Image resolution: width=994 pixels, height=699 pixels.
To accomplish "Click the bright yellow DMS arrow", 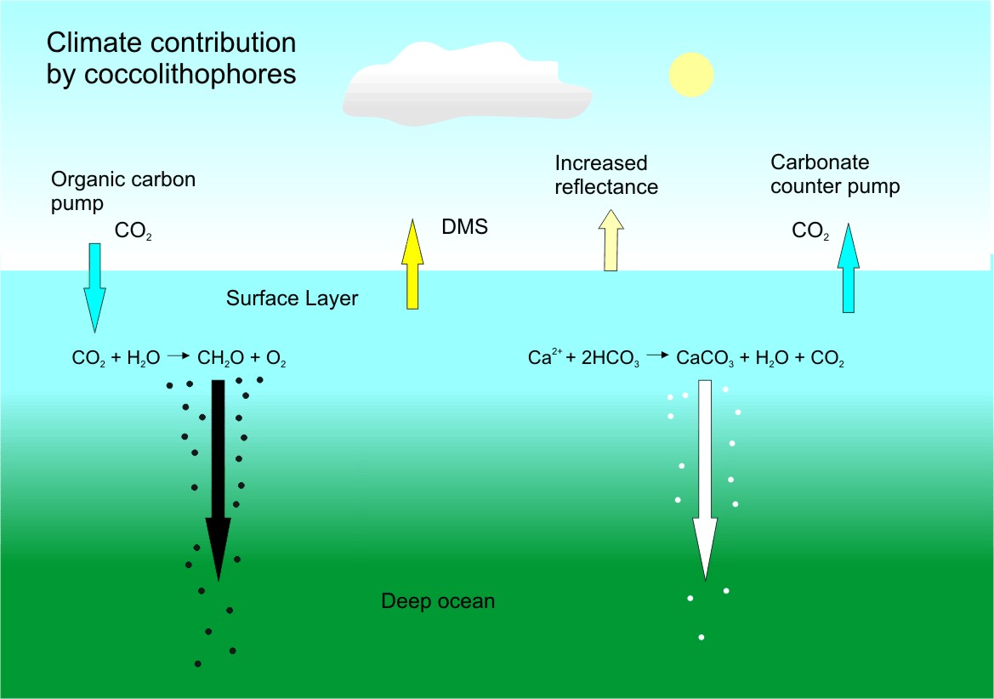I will click(412, 264).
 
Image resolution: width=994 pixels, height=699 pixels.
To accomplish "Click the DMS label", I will click(464, 227).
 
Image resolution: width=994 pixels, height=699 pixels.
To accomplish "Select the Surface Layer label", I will click(293, 298).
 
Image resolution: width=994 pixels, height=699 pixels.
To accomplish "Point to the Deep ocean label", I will click(438, 601).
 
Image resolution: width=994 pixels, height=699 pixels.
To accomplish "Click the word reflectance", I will click(606, 187).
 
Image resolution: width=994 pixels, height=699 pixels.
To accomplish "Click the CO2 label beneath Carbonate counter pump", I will click(809, 230).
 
